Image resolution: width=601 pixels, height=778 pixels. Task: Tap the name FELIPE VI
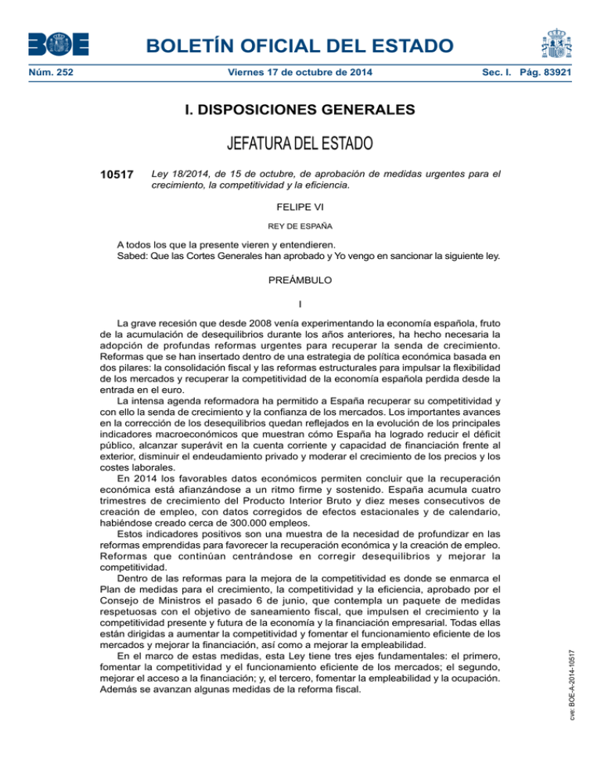click(x=300, y=207)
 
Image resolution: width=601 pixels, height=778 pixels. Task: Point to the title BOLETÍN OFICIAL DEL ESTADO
click(x=300, y=46)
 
